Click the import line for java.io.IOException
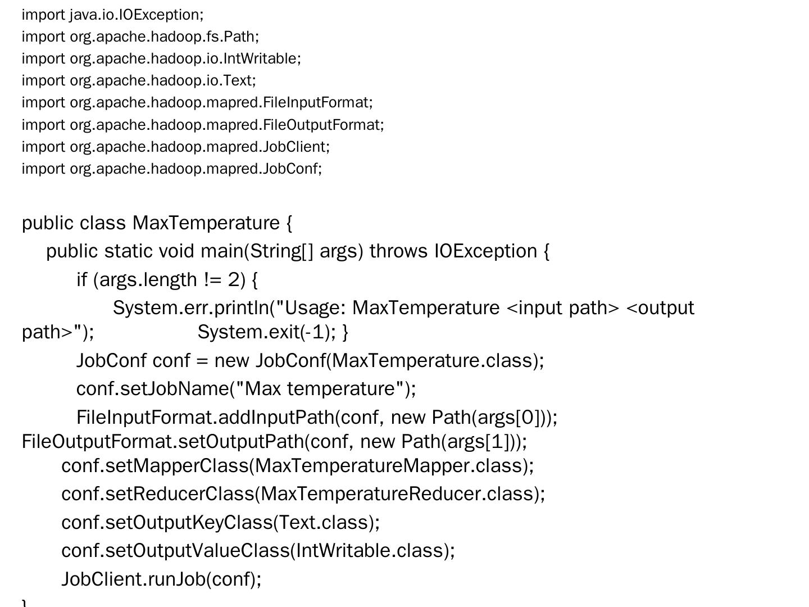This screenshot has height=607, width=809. [112, 15]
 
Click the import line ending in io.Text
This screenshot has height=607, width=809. [139, 80]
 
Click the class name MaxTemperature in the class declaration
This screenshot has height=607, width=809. [206, 223]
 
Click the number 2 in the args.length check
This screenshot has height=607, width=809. [234, 279]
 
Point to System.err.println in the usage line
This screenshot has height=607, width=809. [191, 308]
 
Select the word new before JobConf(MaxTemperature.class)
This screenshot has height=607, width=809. [232, 360]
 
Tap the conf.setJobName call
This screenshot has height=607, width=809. [246, 389]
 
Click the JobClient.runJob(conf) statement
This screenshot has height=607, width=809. [161, 579]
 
